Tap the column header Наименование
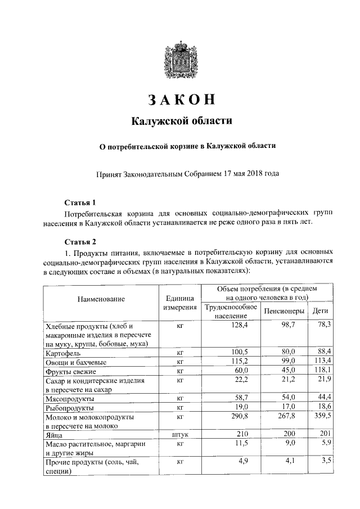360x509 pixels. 101,299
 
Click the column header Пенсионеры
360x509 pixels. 285,310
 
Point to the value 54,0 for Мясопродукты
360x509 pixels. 288,398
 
